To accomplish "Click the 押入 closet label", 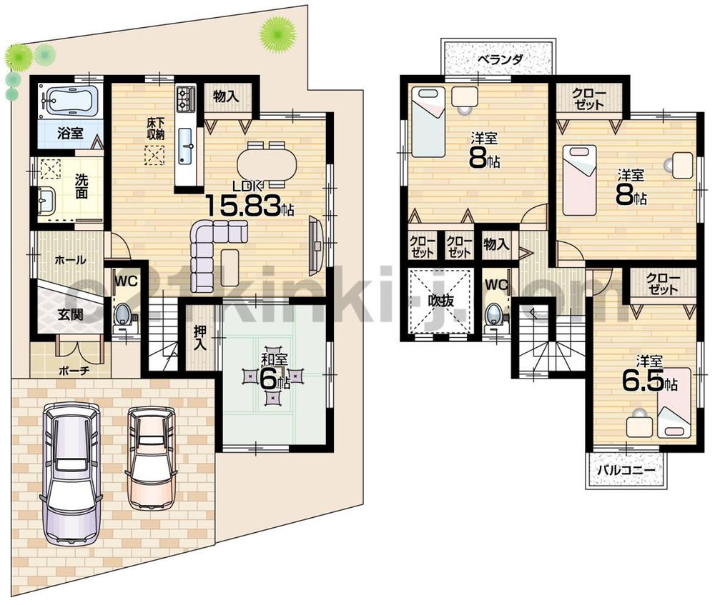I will point(201,337).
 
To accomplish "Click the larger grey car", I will point(70,471).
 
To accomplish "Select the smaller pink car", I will point(151,457).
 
